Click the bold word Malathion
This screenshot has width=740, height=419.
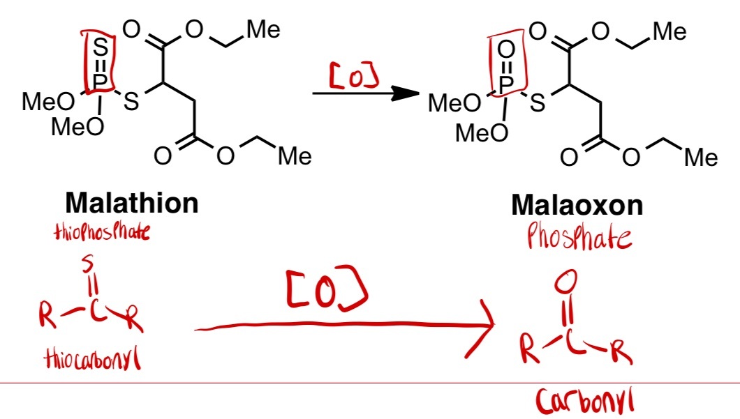tap(132, 204)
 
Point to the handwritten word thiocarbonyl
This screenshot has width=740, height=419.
tap(89, 360)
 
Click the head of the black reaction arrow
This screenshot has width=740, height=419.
tap(398, 94)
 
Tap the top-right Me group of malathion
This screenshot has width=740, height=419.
tap(263, 29)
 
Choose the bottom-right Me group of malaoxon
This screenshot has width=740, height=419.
tap(700, 158)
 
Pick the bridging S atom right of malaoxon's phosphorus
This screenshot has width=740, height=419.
tap(537, 105)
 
